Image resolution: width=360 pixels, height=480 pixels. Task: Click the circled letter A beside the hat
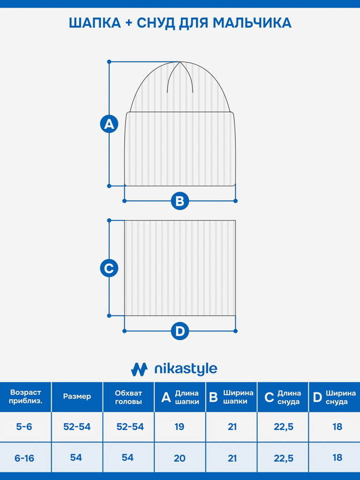pyautogui.click(x=109, y=124)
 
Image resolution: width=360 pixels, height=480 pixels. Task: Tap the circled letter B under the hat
pyautogui.click(x=180, y=201)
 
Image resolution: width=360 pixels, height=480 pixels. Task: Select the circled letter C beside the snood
pyautogui.click(x=109, y=268)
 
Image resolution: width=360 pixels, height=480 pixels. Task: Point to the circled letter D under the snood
pyautogui.click(x=180, y=331)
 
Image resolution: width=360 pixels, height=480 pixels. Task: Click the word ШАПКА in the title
pyautogui.click(x=95, y=23)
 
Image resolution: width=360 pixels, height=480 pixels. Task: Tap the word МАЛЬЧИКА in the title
pyautogui.click(x=252, y=23)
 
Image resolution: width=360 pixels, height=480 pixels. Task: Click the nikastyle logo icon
pyautogui.click(x=139, y=369)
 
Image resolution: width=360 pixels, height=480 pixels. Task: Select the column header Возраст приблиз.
pyautogui.click(x=25, y=397)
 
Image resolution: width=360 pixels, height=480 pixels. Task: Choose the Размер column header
pyautogui.click(x=77, y=397)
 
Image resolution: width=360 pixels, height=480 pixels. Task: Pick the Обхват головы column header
pyautogui.click(x=128, y=397)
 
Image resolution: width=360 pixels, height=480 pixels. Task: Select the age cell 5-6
pyautogui.click(x=24, y=427)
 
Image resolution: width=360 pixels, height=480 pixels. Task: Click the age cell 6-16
pyautogui.click(x=24, y=458)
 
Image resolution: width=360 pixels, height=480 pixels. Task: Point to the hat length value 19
pyautogui.click(x=180, y=427)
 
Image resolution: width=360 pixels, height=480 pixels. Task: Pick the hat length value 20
pyautogui.click(x=180, y=458)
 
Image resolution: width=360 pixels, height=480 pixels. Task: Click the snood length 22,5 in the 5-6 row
pyautogui.click(x=284, y=427)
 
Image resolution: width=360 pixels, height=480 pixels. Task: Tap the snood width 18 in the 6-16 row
pyautogui.click(x=337, y=457)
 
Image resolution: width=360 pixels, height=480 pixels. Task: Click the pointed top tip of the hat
pyautogui.click(x=180, y=62)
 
